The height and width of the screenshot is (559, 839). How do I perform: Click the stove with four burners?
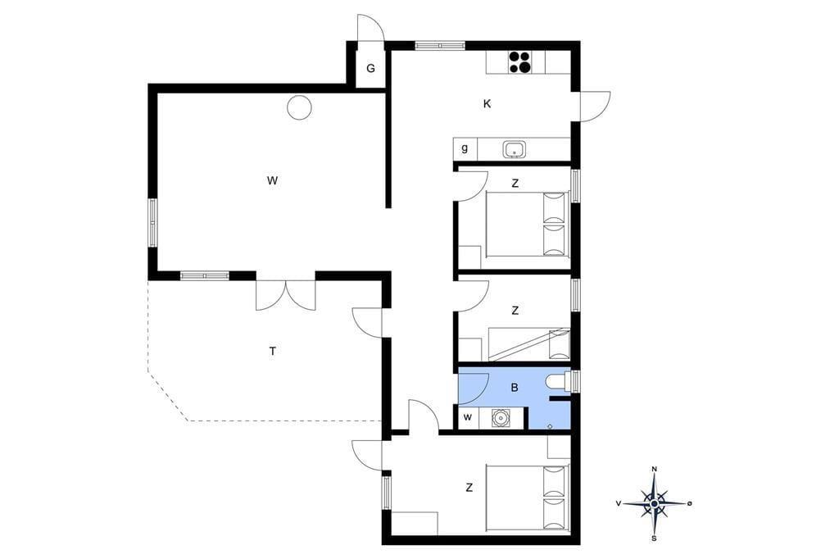[x=519, y=61]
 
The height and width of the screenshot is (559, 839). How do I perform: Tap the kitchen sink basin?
[x=515, y=149]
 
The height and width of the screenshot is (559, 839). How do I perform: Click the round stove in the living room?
[x=299, y=107]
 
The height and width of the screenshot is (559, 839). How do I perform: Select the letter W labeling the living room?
[x=272, y=180]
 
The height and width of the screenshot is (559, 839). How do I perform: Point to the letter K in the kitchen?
[x=487, y=104]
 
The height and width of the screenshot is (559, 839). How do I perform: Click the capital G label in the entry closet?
[x=370, y=69]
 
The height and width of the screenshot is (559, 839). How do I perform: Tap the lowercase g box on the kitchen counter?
[x=465, y=148]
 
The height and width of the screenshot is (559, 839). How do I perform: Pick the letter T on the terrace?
[x=273, y=352]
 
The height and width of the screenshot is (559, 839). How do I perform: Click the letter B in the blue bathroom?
[x=515, y=388]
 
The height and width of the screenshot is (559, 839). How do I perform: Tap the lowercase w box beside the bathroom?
[x=468, y=418]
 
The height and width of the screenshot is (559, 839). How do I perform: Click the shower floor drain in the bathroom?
[x=551, y=425]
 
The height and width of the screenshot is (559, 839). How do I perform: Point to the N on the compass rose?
[x=654, y=469]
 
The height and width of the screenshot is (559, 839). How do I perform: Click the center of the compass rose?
[x=654, y=503]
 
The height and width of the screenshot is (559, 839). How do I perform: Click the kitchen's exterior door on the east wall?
[x=593, y=107]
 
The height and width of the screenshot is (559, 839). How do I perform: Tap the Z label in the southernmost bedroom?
[x=469, y=488]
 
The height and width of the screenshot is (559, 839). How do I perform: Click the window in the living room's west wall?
[x=152, y=223]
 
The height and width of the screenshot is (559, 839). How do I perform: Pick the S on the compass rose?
[x=654, y=539]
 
